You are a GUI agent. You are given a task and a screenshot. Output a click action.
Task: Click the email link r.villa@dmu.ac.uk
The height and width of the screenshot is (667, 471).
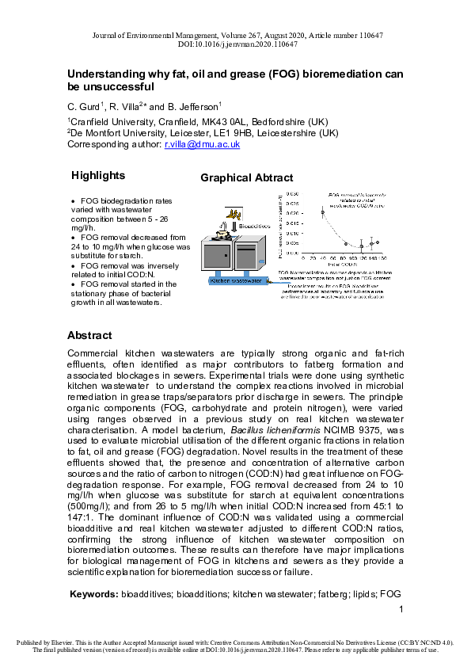(x=202, y=145)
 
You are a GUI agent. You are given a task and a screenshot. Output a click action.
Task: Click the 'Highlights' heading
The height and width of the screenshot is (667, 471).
(x=98, y=176)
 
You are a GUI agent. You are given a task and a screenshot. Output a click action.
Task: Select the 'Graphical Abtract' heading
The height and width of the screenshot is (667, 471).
(x=246, y=178)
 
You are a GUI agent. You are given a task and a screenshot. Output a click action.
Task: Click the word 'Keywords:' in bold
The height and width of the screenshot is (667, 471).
(x=94, y=593)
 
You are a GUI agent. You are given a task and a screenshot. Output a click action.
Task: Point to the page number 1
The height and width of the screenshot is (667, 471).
(x=401, y=609)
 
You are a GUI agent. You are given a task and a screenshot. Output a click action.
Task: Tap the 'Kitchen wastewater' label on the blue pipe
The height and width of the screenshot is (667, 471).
(x=235, y=281)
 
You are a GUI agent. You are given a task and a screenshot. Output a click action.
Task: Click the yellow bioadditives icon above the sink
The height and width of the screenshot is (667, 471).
(x=234, y=213)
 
